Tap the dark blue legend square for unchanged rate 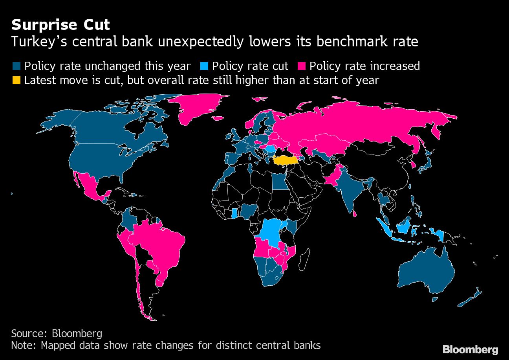[x=16, y=66]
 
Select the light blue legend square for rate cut [x=204, y=66]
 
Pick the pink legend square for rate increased [x=302, y=66]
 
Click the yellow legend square [x=16, y=81]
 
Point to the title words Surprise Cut [x=60, y=25]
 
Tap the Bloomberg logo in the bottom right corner [x=471, y=349]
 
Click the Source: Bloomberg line [x=57, y=334]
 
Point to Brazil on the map [x=153, y=244]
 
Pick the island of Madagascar [x=303, y=261]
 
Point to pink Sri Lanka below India [x=355, y=214]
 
